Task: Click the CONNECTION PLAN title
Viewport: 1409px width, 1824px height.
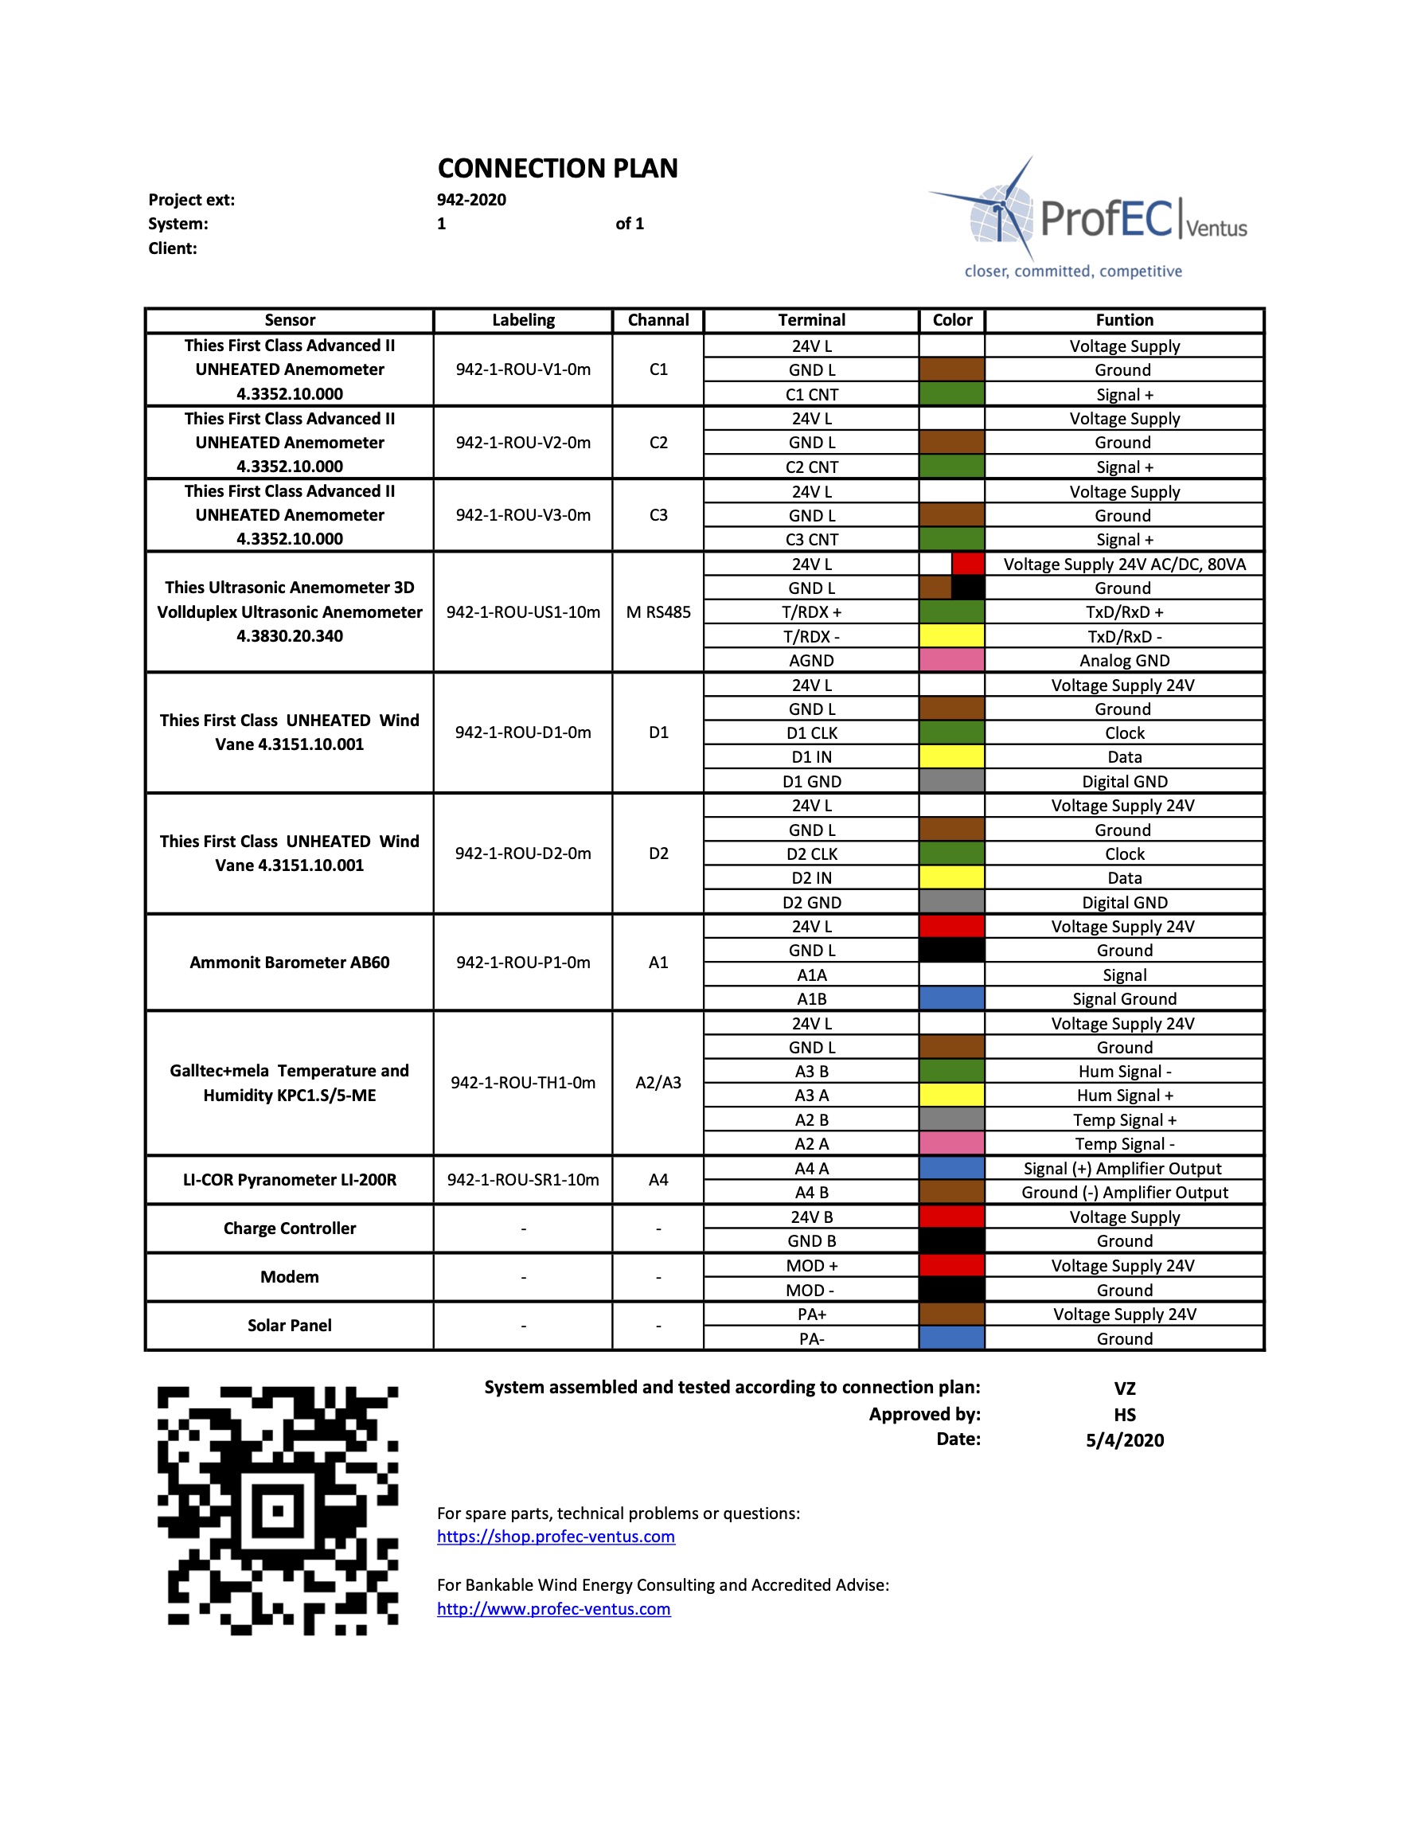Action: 557,169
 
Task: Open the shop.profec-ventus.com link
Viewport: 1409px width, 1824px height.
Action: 556,1537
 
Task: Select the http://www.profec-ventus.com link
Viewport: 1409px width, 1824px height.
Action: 553,1608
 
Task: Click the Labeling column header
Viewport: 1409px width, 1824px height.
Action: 523,320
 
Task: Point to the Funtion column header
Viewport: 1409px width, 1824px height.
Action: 1123,320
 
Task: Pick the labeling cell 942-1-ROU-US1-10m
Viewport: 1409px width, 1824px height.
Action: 523,612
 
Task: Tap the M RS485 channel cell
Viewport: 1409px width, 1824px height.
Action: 658,612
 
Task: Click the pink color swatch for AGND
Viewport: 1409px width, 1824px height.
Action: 951,661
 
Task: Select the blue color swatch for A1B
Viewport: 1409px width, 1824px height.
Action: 951,999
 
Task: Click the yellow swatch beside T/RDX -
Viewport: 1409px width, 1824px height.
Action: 951,636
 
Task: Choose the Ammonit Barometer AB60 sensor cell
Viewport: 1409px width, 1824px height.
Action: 290,962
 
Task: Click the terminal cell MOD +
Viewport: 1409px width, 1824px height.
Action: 811,1265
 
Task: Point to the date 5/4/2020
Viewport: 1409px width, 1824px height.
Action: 1124,1439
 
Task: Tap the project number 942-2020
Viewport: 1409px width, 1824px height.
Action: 471,200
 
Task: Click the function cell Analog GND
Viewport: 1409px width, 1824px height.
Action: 1123,661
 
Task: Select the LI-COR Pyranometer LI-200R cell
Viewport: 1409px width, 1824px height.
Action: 290,1179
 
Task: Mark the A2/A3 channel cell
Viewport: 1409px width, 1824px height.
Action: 658,1082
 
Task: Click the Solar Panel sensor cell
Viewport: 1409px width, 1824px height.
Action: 290,1326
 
